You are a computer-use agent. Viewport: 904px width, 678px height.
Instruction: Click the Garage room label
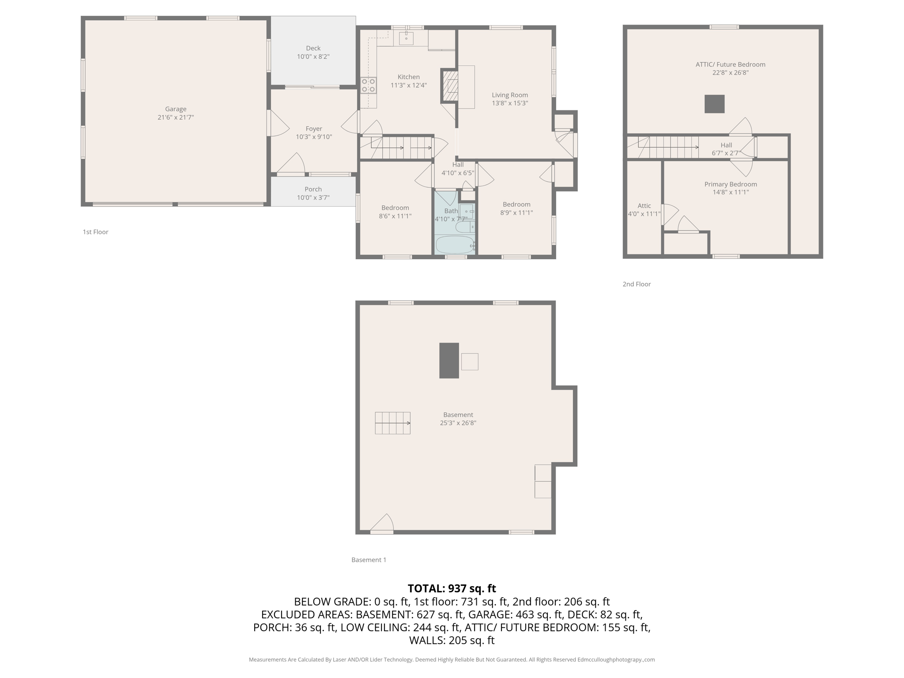(176, 109)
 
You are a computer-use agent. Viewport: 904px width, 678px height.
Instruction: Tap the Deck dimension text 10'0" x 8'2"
(313, 56)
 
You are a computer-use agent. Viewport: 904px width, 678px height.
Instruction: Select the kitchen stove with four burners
(368, 85)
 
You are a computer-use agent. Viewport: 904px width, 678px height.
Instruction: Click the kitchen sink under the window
(406, 38)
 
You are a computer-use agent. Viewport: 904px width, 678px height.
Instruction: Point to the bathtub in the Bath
(454, 244)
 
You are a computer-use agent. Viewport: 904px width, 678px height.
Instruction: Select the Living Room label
(510, 95)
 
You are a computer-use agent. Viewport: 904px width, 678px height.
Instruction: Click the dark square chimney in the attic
(714, 104)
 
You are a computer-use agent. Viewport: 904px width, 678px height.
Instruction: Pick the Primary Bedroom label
(731, 184)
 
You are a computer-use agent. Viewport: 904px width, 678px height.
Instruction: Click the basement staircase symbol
(392, 423)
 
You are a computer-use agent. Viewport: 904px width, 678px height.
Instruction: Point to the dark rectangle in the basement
(448, 360)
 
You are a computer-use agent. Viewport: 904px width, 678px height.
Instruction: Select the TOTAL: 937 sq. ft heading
(452, 588)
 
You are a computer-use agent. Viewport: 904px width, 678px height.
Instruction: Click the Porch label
(313, 189)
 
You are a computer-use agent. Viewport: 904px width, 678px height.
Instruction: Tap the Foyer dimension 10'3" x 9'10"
(314, 137)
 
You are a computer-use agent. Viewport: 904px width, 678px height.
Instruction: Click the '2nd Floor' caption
(637, 284)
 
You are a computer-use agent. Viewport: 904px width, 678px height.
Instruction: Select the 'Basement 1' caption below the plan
(369, 560)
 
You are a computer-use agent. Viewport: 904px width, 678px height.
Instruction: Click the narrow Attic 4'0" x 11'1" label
(644, 210)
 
